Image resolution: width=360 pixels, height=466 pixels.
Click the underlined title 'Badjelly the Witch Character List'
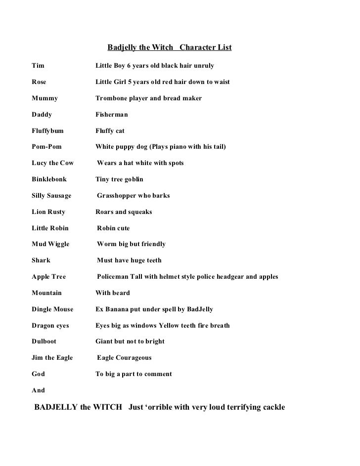pos(169,48)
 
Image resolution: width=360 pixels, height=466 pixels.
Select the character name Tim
pos(38,65)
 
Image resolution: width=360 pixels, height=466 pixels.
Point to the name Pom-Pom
pos(46,147)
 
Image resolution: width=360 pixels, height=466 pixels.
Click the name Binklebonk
pos(49,179)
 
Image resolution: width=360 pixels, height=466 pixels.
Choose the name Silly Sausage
pos(51,196)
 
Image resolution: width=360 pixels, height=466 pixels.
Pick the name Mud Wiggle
pos(50,244)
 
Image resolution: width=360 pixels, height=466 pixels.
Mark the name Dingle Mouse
pos(52,309)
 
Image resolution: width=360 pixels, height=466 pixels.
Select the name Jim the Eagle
pos(52,358)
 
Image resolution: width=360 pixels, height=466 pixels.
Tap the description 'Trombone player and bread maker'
pos(148,98)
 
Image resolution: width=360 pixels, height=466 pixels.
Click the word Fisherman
pos(111,115)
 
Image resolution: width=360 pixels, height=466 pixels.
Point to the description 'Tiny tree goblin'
pos(119,179)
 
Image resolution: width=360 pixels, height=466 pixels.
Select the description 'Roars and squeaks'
pos(124,212)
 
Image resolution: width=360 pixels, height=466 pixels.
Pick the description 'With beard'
pos(112,293)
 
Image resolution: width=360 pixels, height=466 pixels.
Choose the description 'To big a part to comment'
pos(134,374)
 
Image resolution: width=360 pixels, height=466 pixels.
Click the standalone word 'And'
pos(38,390)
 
